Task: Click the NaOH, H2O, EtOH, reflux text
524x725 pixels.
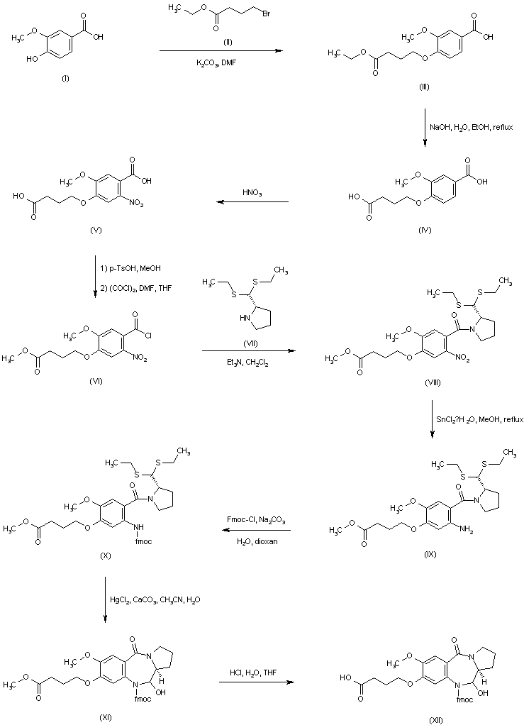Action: pyautogui.click(x=467, y=127)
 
